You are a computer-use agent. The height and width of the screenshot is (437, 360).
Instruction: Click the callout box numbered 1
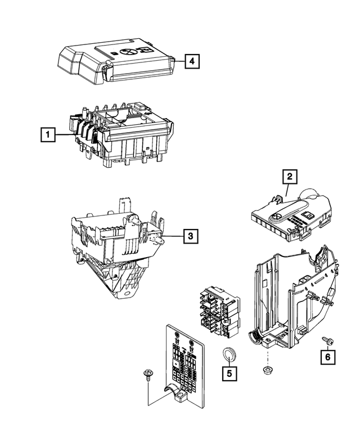pos(49,135)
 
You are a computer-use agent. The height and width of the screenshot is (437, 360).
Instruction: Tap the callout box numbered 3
pos(191,237)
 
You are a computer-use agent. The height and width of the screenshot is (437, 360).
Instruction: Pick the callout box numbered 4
pos(192,60)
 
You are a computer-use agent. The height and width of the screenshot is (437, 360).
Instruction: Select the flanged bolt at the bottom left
pos(149,374)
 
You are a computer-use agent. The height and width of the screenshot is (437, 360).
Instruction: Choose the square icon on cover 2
pos(309,215)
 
